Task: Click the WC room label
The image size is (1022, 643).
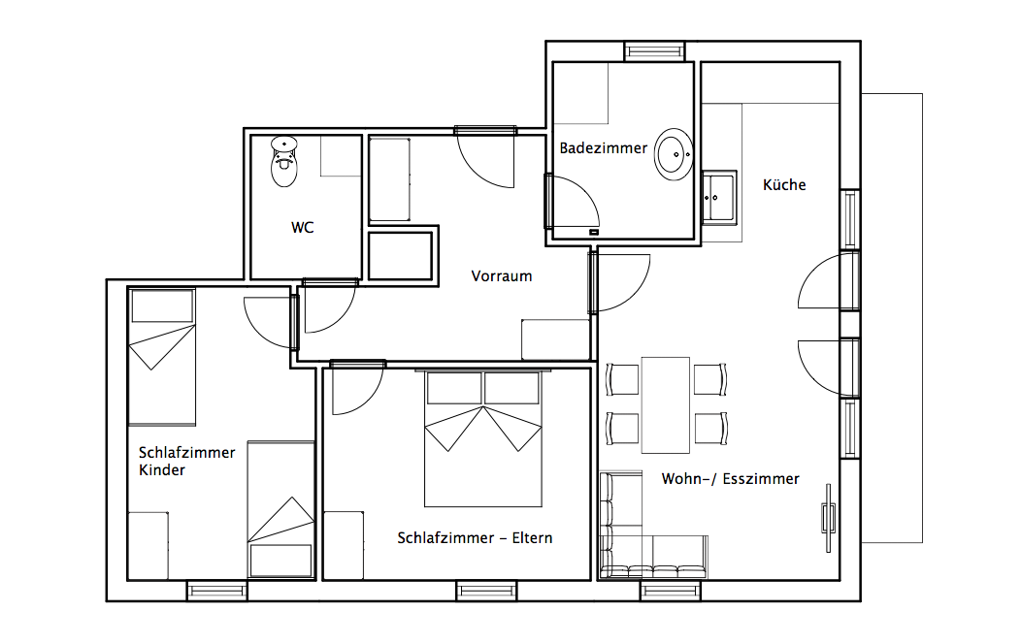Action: point(303,227)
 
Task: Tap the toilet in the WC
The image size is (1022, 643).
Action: point(284,161)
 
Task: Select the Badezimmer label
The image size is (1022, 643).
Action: point(604,148)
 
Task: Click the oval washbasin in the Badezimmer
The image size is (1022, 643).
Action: point(674,154)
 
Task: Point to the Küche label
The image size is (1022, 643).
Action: point(784,184)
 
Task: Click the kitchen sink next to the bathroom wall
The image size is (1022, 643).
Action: point(719,198)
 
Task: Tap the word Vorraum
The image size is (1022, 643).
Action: point(501,276)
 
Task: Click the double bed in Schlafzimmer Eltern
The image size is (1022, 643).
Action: point(483,438)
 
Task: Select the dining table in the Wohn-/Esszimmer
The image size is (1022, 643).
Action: point(666,404)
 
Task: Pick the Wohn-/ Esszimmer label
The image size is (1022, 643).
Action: point(730,479)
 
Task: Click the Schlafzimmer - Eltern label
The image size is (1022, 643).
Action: point(475,538)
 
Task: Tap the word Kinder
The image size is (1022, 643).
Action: point(162,470)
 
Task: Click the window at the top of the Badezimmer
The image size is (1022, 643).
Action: point(654,51)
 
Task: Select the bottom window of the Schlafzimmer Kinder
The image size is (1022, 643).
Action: point(217,591)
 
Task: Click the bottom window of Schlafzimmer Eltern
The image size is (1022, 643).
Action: point(486,591)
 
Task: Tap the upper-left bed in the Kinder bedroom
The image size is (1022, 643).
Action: point(162,357)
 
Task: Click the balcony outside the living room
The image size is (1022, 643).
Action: point(892,318)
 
